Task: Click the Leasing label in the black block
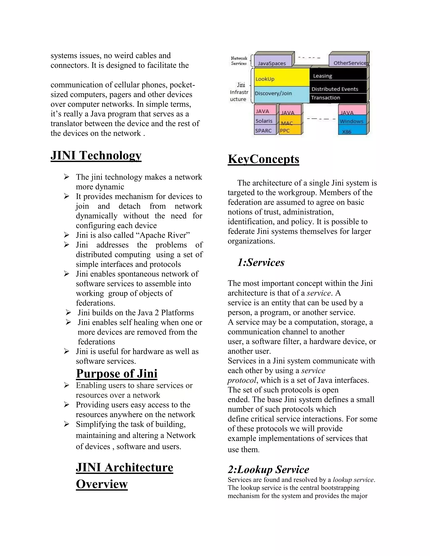point(322,76)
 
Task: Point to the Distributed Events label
point(335,89)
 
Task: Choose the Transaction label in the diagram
point(326,98)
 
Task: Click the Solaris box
point(264,121)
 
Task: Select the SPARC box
point(264,131)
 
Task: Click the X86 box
point(347,132)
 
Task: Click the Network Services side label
point(239,61)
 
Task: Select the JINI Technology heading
point(96,155)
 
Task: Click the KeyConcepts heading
point(264,159)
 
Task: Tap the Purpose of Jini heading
point(117,374)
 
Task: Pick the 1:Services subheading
point(261,262)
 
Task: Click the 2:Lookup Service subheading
point(268,469)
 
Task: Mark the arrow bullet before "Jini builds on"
point(68,312)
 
